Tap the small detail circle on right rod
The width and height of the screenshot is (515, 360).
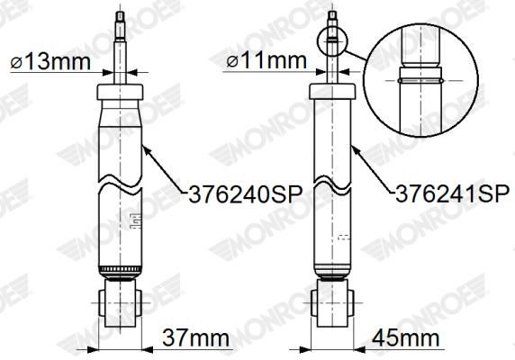pos(332,38)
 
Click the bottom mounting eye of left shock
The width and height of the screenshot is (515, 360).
pos(120,306)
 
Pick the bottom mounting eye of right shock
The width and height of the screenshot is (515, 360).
pos(332,306)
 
